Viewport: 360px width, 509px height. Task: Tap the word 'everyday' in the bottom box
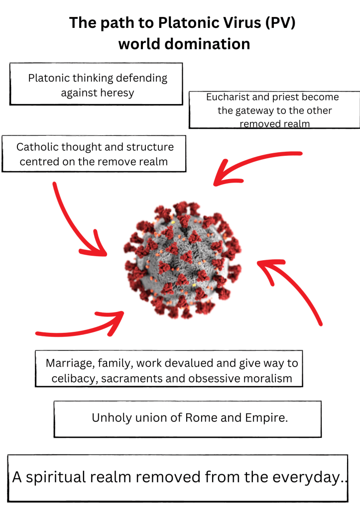[x=304, y=478]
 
